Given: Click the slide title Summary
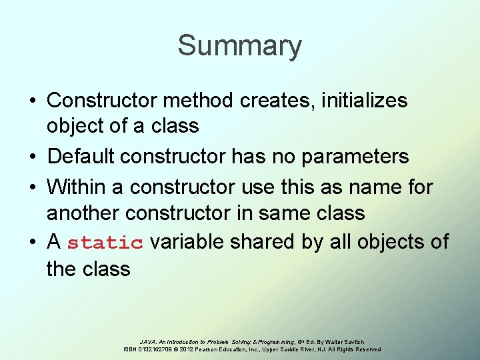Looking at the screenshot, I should (239, 46).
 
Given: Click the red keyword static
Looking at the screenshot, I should (105, 243).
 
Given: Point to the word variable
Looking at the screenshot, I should (190, 241).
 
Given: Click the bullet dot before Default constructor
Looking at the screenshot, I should (33, 157).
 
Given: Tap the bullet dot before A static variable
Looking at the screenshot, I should (33, 241).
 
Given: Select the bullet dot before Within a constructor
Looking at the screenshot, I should (33, 187).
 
